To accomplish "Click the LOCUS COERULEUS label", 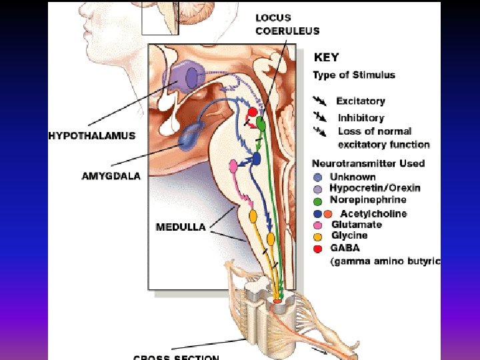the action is coord(287,25).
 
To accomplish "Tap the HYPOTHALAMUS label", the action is coord(91,135).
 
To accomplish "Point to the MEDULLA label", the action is coord(180,227).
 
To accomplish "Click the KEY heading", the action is coord(327,57).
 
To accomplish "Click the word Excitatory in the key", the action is coord(361,101).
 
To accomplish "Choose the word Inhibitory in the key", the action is coord(361,118).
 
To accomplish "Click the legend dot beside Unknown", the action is coord(318,177).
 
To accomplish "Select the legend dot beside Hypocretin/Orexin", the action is coord(318,189).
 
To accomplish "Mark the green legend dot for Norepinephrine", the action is coord(318,200).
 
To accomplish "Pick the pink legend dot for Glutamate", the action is coord(318,225).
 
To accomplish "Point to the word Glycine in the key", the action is coord(349,235).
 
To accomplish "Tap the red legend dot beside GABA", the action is coord(318,249).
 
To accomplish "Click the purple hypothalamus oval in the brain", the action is coord(192,77).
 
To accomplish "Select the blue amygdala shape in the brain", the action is coord(192,136).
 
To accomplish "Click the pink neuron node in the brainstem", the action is coord(233,165).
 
